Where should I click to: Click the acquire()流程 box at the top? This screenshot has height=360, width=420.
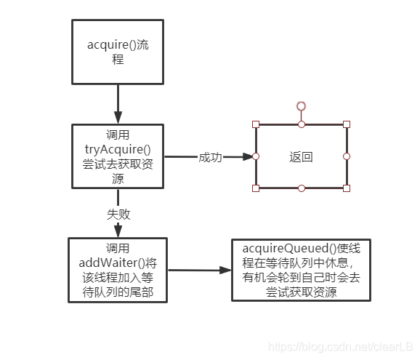(117, 52)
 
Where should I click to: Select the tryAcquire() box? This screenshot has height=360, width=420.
(117, 156)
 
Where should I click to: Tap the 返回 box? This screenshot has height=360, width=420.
(301, 156)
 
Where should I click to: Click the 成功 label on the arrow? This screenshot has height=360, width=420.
(210, 157)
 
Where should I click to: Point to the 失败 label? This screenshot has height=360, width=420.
(118, 215)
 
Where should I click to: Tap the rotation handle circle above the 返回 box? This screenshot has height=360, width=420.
(301, 106)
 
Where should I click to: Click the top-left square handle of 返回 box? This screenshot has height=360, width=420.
(256, 124)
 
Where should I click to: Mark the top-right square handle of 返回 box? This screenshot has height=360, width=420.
(347, 124)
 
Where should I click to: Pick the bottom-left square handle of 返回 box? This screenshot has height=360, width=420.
(256, 188)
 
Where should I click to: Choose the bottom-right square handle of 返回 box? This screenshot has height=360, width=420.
(347, 188)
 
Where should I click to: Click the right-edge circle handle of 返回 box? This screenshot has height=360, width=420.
(347, 156)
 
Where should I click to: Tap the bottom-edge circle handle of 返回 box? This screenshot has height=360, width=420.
(301, 188)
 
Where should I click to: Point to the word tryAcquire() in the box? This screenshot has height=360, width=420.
(117, 150)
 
